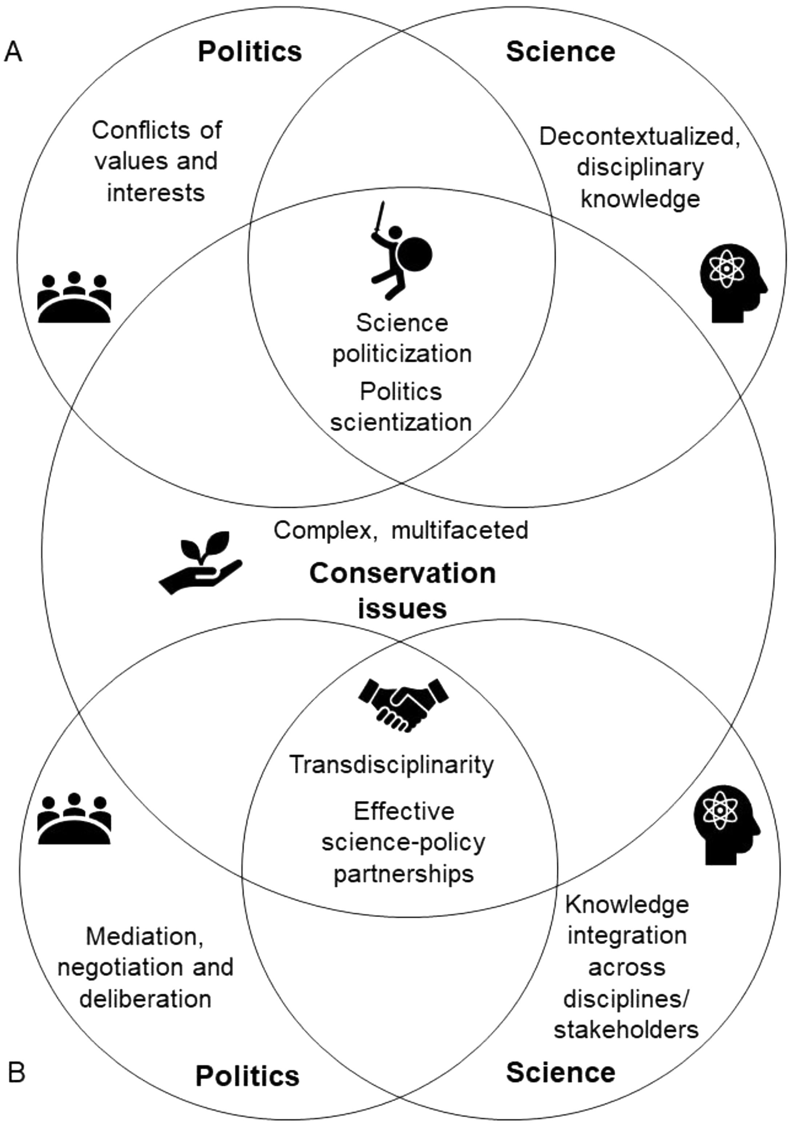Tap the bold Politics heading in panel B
[x=247, y=1076]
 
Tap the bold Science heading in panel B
[x=560, y=1072]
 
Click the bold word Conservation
[x=402, y=573]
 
